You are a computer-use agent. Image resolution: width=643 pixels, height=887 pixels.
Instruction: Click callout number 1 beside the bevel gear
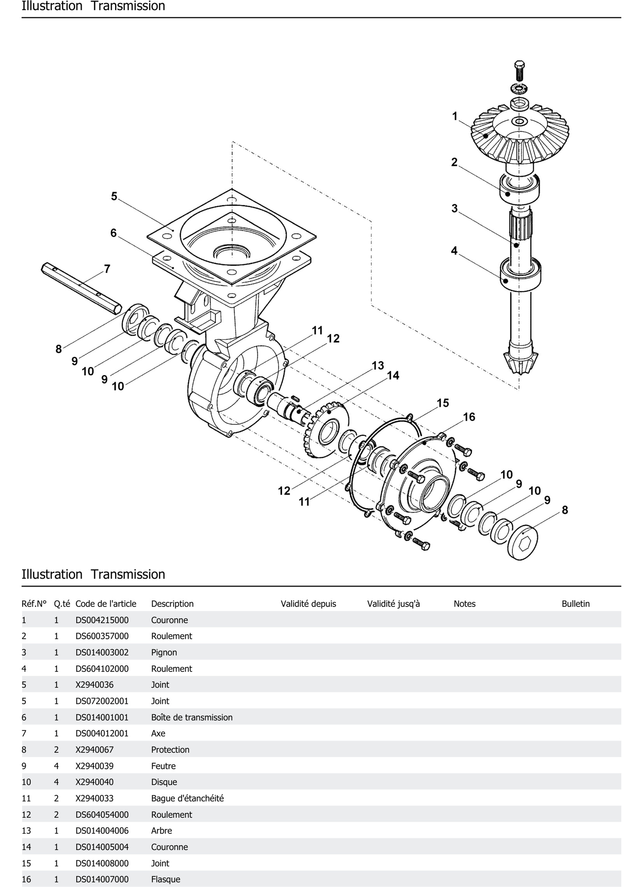[x=455, y=116]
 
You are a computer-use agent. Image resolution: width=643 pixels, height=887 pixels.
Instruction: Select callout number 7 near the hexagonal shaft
[x=107, y=269]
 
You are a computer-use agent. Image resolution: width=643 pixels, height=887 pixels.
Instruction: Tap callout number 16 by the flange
[x=469, y=417]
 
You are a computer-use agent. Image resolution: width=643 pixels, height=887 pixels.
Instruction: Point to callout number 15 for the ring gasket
[x=442, y=403]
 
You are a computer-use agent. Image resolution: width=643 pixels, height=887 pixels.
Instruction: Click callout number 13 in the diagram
[x=378, y=366]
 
